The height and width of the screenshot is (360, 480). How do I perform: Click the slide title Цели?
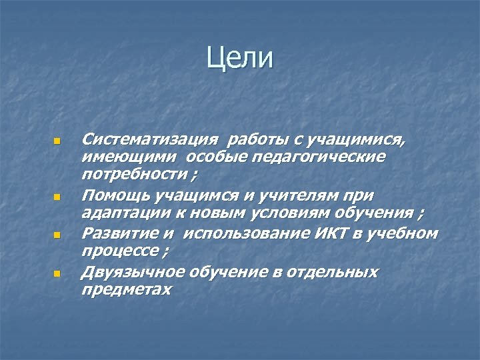[x=240, y=57]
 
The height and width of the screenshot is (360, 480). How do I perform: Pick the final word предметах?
[x=126, y=289]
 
